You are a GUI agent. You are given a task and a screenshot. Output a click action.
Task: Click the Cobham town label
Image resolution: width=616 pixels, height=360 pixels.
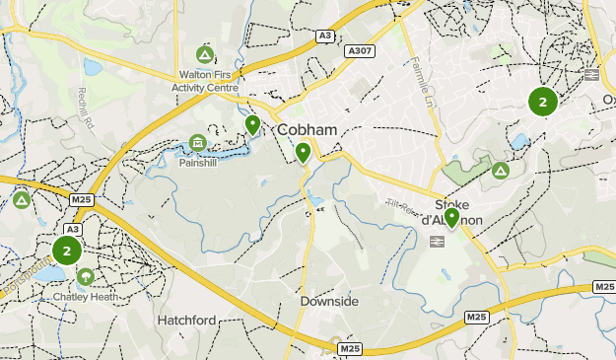click(308, 130)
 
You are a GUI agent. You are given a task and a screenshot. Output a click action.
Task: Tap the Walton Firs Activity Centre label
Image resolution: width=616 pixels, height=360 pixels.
click(205, 80)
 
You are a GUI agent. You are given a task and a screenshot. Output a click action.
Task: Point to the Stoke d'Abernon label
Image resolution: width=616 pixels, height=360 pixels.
click(452, 212)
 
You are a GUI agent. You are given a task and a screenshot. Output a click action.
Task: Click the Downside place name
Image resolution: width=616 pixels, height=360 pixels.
click(328, 301)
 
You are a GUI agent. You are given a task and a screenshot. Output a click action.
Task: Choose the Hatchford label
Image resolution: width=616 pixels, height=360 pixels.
click(185, 321)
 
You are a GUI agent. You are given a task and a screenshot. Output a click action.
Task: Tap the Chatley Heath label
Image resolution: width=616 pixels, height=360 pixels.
click(85, 295)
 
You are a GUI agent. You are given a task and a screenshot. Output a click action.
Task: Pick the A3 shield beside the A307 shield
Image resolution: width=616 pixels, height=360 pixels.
click(324, 36)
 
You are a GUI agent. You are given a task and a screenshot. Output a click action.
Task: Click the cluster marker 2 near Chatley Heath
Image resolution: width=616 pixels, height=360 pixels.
click(67, 251)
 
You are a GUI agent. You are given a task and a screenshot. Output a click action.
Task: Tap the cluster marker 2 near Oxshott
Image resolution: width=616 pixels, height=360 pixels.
click(542, 101)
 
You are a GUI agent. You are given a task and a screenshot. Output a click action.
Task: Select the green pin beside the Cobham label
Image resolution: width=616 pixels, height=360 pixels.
click(303, 152)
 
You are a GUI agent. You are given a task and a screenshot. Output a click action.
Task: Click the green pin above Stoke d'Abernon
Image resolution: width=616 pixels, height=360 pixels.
click(452, 217)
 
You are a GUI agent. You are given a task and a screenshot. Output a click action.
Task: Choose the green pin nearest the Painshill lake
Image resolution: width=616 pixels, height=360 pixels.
click(253, 124)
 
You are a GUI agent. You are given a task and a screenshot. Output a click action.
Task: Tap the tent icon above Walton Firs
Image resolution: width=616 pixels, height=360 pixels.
click(205, 53)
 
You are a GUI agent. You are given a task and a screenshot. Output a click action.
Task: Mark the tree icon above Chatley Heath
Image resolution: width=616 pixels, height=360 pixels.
click(85, 276)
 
